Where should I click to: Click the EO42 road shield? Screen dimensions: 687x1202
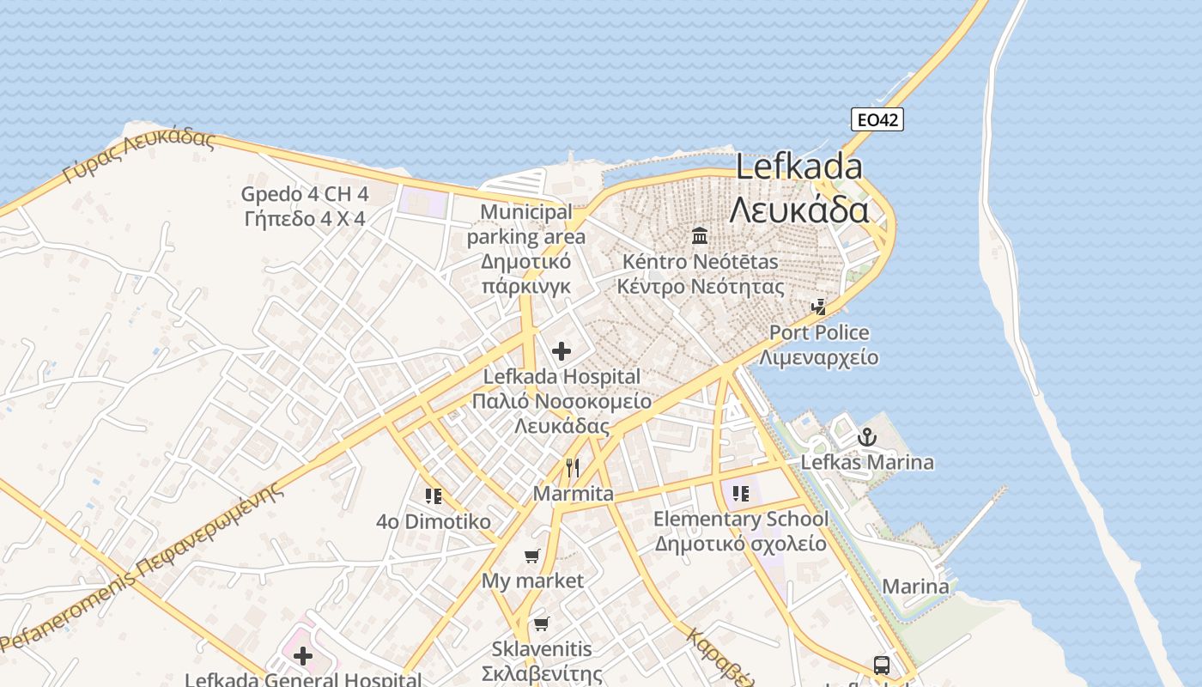(x=877, y=119)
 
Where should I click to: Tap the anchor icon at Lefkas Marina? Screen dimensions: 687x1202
(x=867, y=438)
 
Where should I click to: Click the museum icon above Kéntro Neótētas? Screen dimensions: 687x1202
(x=700, y=235)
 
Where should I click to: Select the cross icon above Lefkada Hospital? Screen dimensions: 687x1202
(x=562, y=351)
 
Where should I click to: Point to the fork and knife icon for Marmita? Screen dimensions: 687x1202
(x=573, y=468)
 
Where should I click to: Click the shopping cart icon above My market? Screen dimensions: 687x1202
(x=532, y=556)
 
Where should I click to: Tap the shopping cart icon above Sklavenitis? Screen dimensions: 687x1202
(x=541, y=623)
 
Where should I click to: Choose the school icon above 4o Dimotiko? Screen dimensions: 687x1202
(x=434, y=496)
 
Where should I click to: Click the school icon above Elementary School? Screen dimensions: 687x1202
(x=741, y=494)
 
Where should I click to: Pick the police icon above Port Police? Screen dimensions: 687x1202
(x=819, y=307)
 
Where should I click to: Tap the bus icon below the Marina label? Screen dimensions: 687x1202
(x=882, y=665)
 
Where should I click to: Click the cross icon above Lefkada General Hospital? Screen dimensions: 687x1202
(x=303, y=657)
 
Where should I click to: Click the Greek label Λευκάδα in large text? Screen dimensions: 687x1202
(x=799, y=210)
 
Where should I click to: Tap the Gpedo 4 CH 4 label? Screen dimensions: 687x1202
(x=305, y=194)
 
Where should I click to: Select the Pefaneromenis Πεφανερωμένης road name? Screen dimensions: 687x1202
(x=142, y=567)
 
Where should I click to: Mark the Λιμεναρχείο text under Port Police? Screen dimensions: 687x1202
(x=819, y=357)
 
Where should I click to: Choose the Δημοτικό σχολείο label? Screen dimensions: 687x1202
(x=741, y=544)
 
